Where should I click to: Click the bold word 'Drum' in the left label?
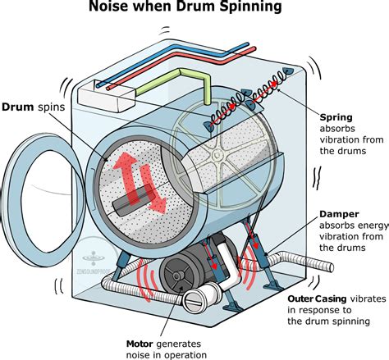(x=17, y=107)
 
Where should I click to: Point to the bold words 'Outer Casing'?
(x=321, y=298)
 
